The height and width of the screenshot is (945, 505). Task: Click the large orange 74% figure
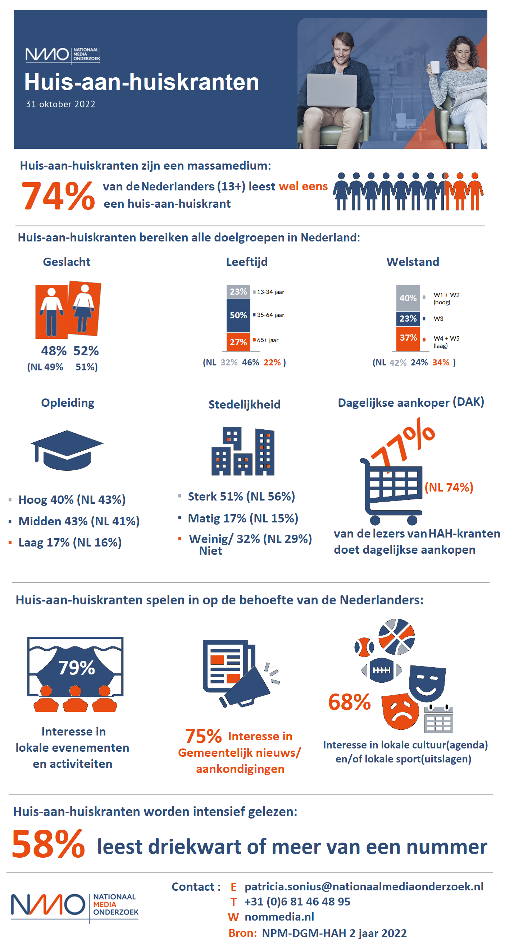coord(58,196)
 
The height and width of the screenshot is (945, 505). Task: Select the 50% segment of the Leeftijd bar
coord(238,315)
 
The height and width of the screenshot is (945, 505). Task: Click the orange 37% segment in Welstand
coord(408,338)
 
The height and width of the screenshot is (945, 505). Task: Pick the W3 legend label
coord(438,319)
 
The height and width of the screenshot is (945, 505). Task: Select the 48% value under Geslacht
coord(54,351)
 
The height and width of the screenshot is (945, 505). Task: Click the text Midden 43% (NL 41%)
coord(79,521)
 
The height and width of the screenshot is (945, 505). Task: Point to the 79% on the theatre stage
coord(76,668)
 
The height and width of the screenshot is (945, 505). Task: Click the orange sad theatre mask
coord(400,712)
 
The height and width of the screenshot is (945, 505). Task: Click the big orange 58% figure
coord(48,844)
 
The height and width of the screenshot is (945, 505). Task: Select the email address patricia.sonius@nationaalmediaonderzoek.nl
coord(364,887)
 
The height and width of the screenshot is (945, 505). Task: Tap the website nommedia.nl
coord(279,917)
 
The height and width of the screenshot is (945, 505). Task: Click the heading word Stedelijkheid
coord(244,405)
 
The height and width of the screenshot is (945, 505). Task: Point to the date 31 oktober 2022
coord(60,104)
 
